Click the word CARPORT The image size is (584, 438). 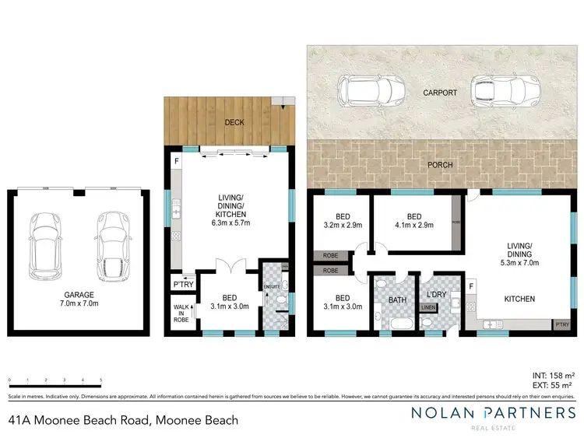point(440,92)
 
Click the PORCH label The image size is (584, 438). point(441,165)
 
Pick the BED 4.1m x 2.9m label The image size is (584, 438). point(413,221)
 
